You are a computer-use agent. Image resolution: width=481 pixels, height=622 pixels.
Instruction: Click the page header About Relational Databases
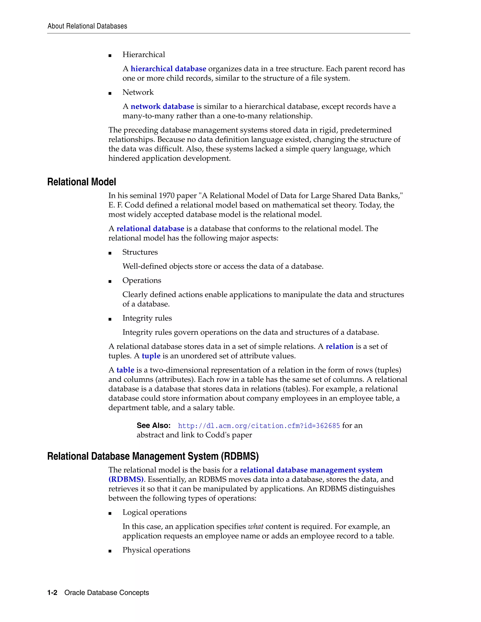point(87,26)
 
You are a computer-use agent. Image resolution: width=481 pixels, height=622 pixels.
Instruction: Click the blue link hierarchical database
point(168,69)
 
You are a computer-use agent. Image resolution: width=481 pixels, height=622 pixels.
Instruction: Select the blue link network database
point(162,107)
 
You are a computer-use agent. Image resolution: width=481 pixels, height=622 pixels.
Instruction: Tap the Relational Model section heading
point(81,182)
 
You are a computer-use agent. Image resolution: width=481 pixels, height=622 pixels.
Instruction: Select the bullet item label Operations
point(142,280)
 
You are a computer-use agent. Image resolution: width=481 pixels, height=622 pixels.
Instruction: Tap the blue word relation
point(339,347)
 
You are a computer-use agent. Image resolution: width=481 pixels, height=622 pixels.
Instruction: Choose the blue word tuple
point(151,356)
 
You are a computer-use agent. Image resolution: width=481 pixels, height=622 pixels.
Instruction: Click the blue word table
point(125,370)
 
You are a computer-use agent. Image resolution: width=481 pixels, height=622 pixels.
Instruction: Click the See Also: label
point(153,426)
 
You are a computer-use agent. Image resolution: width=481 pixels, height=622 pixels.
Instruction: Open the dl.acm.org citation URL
point(259,426)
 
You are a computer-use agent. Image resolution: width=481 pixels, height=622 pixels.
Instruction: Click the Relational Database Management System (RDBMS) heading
point(153,456)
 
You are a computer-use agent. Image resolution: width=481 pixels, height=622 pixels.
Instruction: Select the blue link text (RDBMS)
point(126,479)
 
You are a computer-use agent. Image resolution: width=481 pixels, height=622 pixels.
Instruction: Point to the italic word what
point(256,527)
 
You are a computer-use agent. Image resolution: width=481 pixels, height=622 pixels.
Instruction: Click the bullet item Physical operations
point(156,550)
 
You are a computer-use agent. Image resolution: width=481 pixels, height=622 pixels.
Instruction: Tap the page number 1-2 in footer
point(52,593)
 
